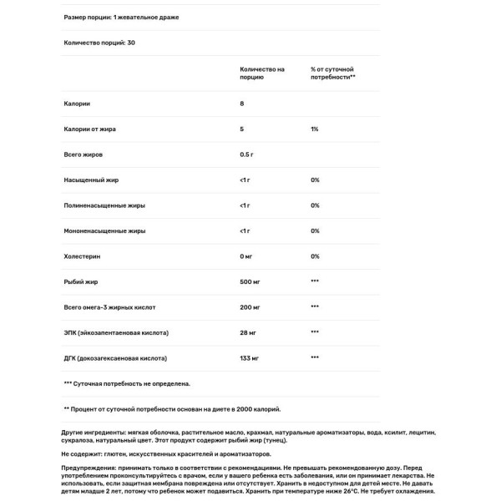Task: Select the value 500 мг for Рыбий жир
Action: (x=251, y=281)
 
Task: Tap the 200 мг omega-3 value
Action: (x=251, y=306)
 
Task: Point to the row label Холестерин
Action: (x=81, y=256)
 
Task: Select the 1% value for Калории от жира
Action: (x=314, y=129)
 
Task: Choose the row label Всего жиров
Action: (x=83, y=155)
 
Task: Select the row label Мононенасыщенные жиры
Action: (x=104, y=230)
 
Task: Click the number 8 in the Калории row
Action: (x=241, y=104)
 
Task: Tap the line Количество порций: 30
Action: (x=99, y=43)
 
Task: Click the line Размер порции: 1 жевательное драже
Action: (x=120, y=17)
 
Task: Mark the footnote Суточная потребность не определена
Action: (x=127, y=383)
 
